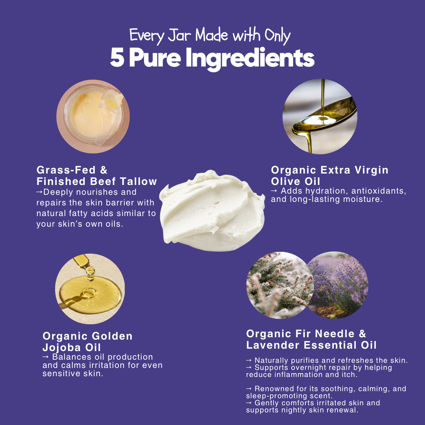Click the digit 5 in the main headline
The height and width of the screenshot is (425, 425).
coord(117,58)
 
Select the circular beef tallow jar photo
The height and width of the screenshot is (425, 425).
coord(93,116)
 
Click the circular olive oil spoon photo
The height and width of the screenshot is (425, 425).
coord(320,116)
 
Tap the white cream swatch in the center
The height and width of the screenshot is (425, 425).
coord(212,211)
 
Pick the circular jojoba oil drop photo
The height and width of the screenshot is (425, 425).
coord(90,289)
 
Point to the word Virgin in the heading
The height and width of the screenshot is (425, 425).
coord(371,170)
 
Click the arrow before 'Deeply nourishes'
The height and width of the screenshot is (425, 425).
coord(40,192)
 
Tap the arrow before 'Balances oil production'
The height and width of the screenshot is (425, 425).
coord(46,357)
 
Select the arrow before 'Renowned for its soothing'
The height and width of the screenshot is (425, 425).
coord(249,389)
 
